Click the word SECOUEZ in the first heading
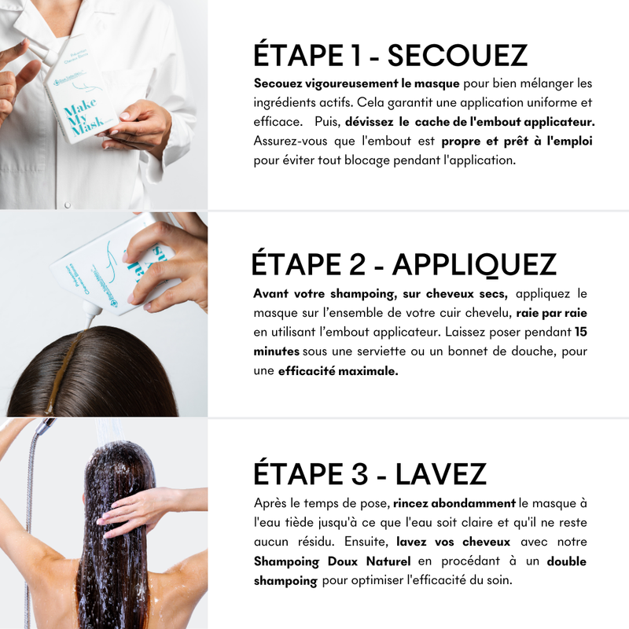[x=457, y=56]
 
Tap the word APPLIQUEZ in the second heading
[x=474, y=265]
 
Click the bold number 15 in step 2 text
[x=581, y=332]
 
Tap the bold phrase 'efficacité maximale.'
[x=338, y=371]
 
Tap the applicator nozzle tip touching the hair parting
[x=89, y=322]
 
